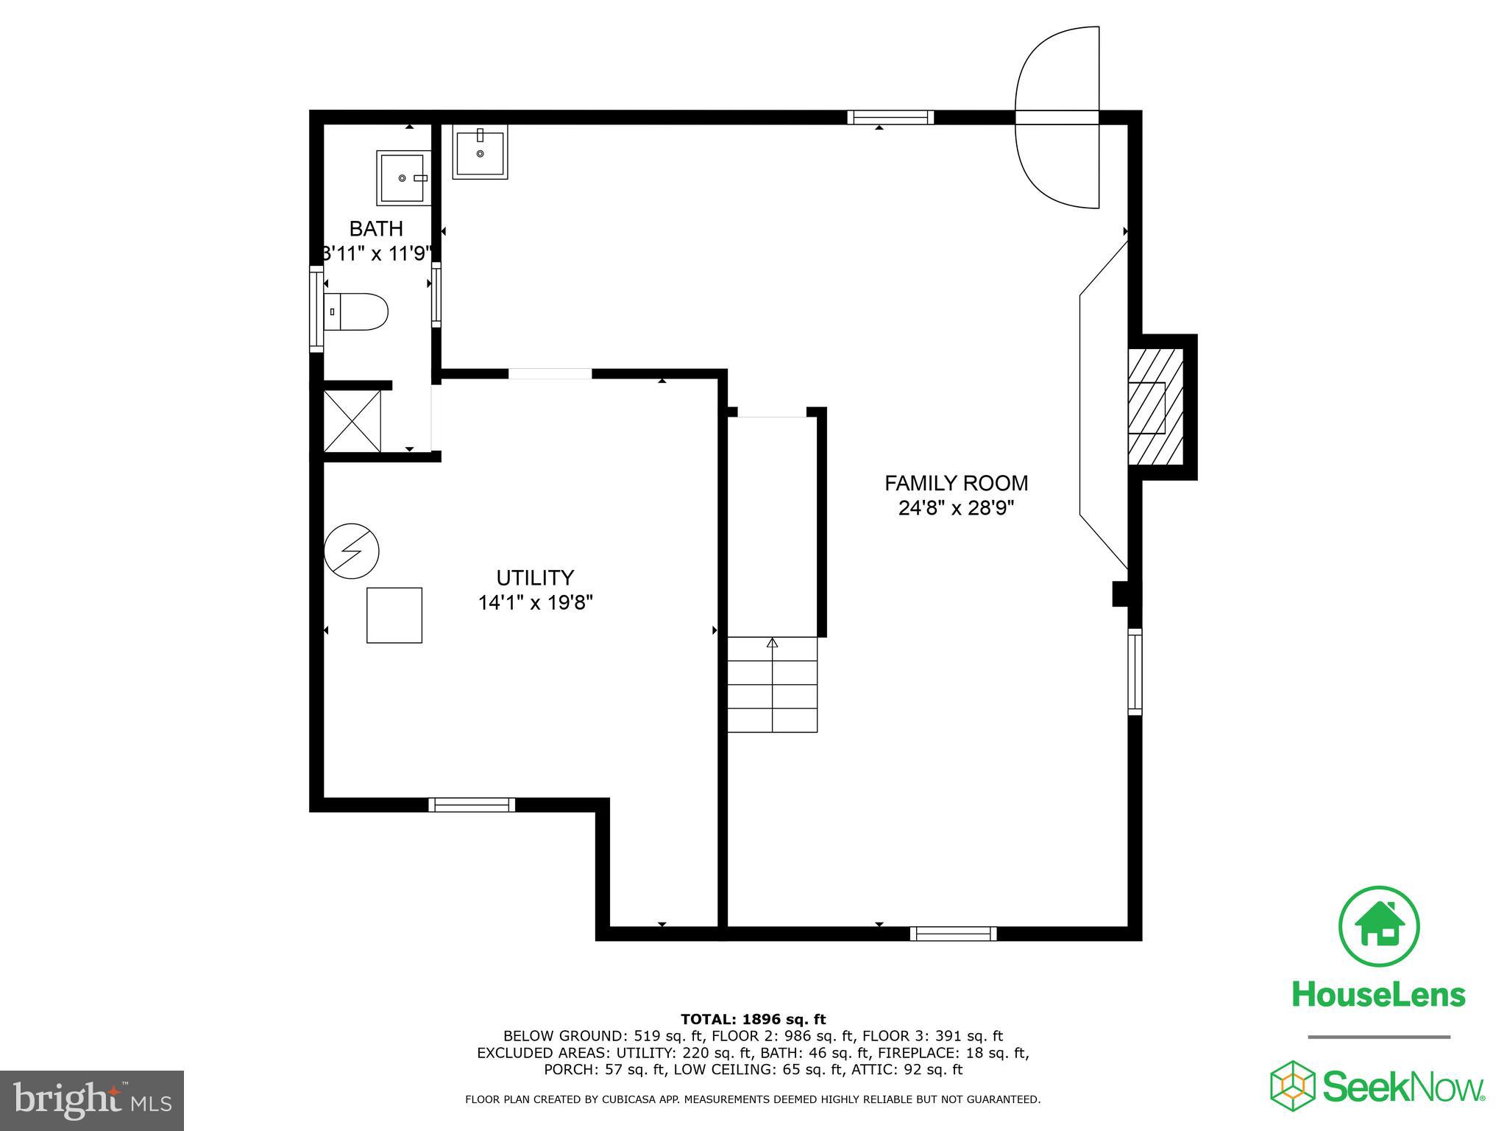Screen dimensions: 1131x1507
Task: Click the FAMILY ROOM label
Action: (956, 483)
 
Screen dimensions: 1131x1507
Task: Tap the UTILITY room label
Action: (535, 577)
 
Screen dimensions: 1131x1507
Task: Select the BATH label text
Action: (376, 228)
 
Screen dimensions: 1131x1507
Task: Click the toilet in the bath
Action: (357, 311)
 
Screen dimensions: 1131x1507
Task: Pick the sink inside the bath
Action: (402, 177)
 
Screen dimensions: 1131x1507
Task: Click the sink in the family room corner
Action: (480, 152)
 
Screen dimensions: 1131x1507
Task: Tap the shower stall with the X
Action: (352, 421)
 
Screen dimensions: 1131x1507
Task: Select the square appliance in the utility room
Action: (394, 615)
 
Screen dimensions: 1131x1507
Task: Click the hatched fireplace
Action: (1155, 406)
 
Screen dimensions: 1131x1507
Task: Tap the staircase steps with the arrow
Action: (772, 684)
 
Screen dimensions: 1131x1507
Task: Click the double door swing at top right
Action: (1057, 118)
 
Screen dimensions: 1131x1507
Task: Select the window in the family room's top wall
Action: (890, 117)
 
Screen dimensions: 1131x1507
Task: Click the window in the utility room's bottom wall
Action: (472, 805)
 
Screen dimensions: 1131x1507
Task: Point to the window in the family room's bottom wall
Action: (953, 934)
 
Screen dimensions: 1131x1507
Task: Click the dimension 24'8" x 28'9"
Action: (956, 509)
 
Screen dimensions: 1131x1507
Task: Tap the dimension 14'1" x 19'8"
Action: (535, 603)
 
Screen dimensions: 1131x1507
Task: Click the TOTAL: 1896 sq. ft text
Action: (753, 1019)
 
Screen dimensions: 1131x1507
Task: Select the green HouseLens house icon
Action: (1379, 927)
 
